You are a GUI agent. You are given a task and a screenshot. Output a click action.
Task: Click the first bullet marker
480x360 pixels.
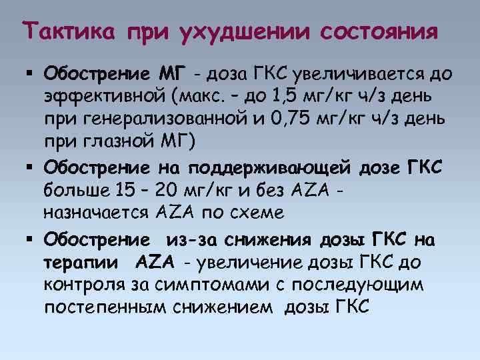click(x=32, y=71)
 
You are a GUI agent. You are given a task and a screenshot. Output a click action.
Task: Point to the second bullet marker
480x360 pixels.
click(x=32, y=167)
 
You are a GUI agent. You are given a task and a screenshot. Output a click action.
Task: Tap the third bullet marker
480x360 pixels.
click(x=32, y=239)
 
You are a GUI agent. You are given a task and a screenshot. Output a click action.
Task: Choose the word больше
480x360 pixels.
click(x=71, y=191)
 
